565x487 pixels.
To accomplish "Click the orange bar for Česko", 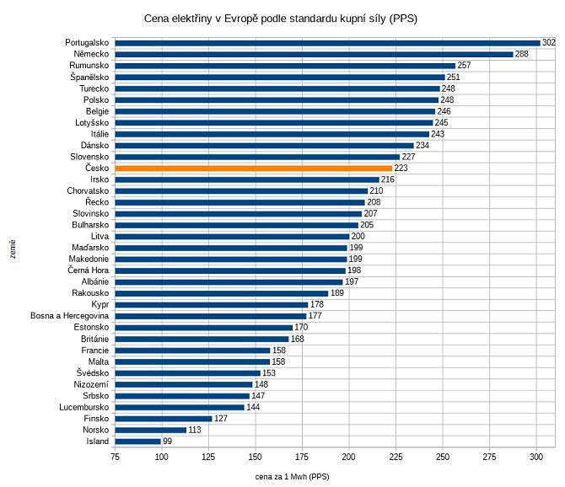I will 253,169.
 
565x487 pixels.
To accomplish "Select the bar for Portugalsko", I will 327,43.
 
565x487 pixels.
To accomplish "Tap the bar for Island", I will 137,441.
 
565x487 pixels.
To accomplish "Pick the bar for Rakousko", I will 221,293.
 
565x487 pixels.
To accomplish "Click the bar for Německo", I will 314,55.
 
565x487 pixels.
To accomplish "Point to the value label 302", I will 548,43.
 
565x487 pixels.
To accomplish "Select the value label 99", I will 167,441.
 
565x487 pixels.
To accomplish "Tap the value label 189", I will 336,293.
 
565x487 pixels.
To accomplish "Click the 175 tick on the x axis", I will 302,458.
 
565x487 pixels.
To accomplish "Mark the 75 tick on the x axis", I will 115,458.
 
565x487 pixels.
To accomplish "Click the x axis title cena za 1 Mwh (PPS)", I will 292,477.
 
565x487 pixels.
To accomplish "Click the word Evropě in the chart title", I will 253,18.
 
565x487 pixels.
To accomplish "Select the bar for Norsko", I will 150,430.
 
